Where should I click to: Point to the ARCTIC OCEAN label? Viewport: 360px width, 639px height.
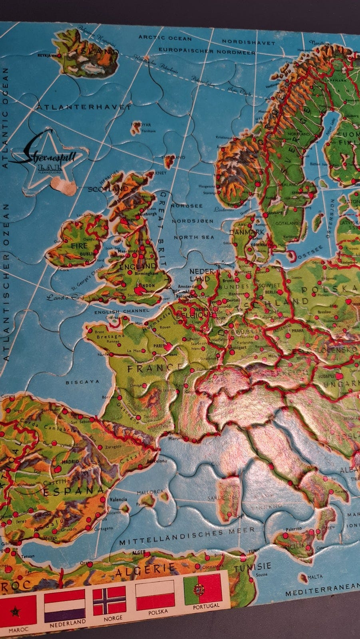165,38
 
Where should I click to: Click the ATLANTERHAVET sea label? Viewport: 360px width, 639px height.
84,107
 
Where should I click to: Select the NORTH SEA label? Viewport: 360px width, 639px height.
194,237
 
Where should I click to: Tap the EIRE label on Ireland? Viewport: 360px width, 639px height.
79,246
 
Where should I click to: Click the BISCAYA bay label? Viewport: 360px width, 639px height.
82,382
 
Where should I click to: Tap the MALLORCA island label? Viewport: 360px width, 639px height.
150,492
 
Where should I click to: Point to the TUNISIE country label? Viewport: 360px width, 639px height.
252,567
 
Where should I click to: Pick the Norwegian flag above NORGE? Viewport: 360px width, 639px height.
109,601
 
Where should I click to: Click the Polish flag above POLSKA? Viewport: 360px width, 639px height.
155,595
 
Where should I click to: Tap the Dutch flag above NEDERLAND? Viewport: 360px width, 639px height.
64,605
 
